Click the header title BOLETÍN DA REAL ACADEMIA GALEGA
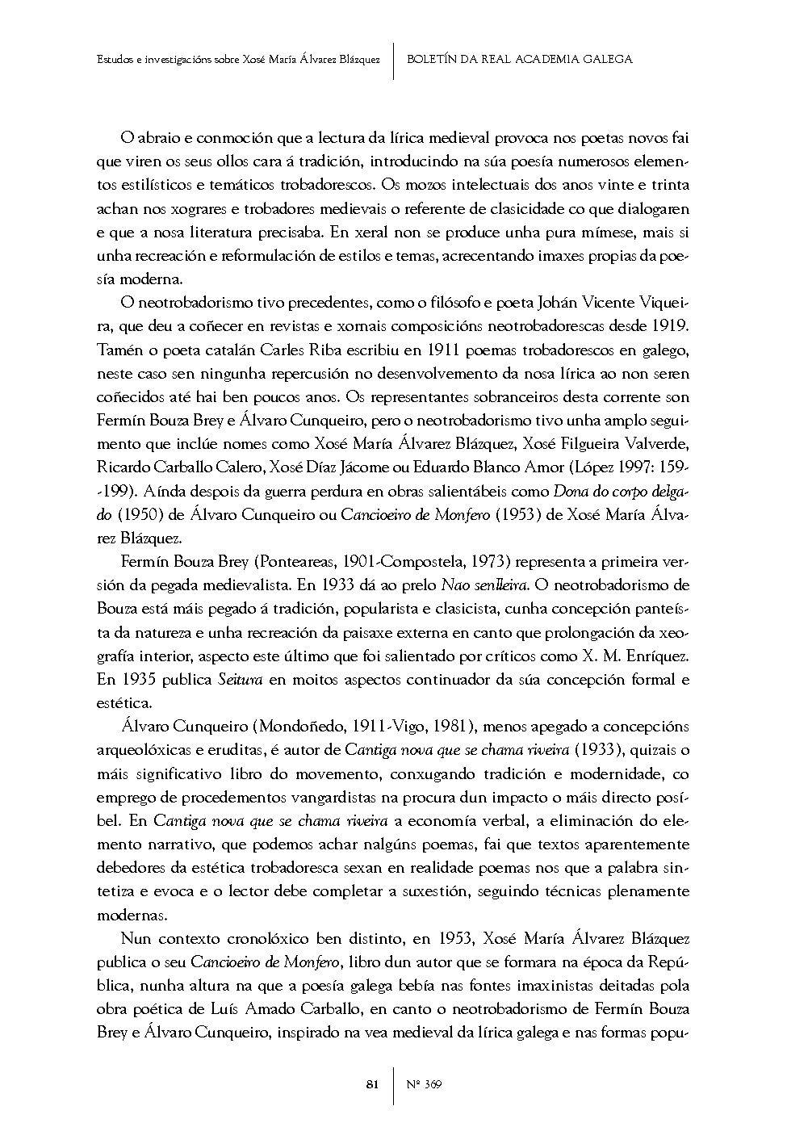[520, 59]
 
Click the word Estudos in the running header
[115, 60]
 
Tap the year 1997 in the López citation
[634, 467]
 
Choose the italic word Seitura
[241, 679]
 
